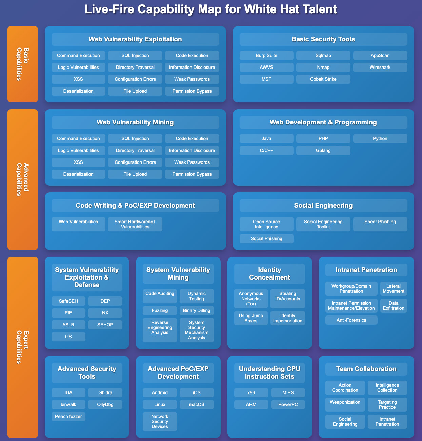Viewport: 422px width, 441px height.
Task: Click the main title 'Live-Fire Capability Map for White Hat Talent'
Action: click(x=211, y=9)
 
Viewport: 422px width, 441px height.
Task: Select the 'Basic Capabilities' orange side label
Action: click(x=23, y=64)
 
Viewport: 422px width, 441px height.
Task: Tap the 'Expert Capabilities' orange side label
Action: click(x=23, y=347)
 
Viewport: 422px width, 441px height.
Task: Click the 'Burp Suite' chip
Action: click(x=266, y=56)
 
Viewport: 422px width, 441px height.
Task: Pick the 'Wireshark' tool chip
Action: click(x=380, y=68)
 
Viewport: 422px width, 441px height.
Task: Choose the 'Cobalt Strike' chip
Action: click(x=323, y=79)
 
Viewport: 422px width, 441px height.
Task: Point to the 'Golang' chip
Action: click(x=323, y=151)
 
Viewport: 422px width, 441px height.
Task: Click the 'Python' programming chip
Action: click(x=380, y=139)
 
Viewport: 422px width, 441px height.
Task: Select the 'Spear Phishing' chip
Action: click(x=380, y=222)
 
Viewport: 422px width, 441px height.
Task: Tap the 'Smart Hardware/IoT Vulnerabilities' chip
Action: click(x=135, y=224)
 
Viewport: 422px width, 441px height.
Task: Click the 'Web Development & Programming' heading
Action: click(x=323, y=122)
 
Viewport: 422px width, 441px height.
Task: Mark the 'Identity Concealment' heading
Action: click(x=269, y=274)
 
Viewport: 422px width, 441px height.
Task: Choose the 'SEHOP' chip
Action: click(x=105, y=325)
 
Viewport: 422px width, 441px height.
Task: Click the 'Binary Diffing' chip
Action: click(x=197, y=311)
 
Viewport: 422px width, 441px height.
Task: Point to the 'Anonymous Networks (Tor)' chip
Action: click(x=251, y=299)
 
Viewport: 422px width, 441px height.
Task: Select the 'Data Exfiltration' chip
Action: click(x=394, y=306)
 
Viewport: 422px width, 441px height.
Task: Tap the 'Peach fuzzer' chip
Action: click(x=68, y=417)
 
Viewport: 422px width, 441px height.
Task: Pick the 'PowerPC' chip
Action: click(x=288, y=405)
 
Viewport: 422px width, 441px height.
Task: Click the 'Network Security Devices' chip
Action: click(x=160, y=422)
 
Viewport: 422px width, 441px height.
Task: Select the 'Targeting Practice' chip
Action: click(x=387, y=405)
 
